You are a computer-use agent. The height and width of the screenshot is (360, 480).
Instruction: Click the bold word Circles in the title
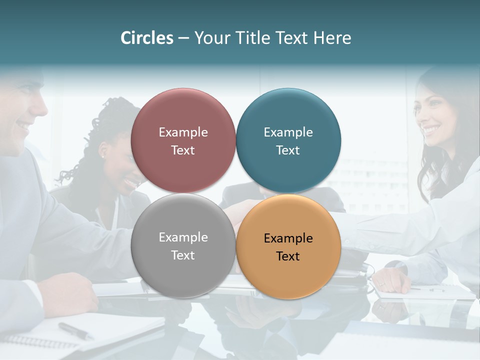[147, 38]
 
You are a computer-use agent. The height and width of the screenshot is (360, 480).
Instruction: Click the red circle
[183, 140]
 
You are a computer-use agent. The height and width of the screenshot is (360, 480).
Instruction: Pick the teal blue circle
[288, 140]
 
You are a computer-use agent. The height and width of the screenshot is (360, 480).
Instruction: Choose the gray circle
[183, 245]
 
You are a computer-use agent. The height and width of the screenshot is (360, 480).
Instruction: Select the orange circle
[288, 246]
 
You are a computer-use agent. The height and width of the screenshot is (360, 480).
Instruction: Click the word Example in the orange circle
[288, 238]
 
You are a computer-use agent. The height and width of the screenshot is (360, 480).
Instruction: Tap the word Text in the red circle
[183, 150]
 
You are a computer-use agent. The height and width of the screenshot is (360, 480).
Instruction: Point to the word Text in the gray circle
[183, 255]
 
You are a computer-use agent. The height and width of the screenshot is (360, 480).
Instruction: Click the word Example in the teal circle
[288, 132]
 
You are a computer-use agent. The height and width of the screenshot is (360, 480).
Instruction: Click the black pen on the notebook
[75, 330]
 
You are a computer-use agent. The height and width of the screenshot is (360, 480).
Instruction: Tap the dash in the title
[183, 38]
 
